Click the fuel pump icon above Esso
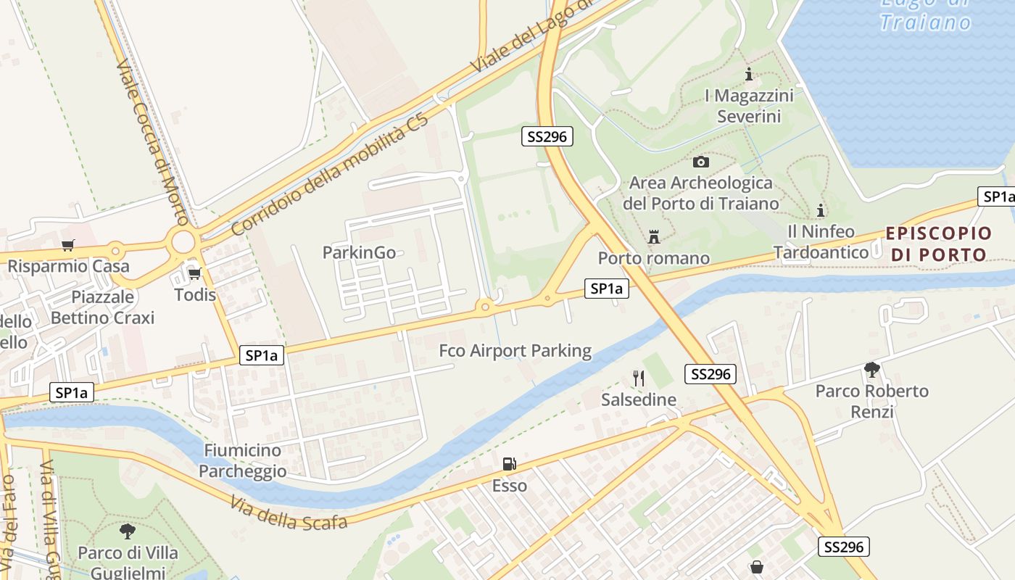pyautogui.click(x=510, y=464)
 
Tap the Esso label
pyautogui.click(x=510, y=486)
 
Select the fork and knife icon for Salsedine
pyautogui.click(x=639, y=378)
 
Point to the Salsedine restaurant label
pyautogui.click(x=639, y=399)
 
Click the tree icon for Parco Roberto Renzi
pyautogui.click(x=872, y=370)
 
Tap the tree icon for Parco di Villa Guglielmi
pyautogui.click(x=128, y=531)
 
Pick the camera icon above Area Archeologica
pyautogui.click(x=701, y=162)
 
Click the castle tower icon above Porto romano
pyautogui.click(x=654, y=237)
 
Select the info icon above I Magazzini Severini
pyautogui.click(x=749, y=74)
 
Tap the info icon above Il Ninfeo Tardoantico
pyautogui.click(x=821, y=210)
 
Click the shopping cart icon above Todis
pyautogui.click(x=194, y=273)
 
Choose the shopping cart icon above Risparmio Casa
pyautogui.click(x=68, y=245)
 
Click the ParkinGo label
pyautogui.click(x=359, y=252)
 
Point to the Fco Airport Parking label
pyautogui.click(x=515, y=351)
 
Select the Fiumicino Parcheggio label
pyautogui.click(x=242, y=460)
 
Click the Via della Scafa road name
pyautogui.click(x=289, y=513)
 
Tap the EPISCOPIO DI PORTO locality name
pyautogui.click(x=938, y=244)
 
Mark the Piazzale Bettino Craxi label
pyautogui.click(x=102, y=307)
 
